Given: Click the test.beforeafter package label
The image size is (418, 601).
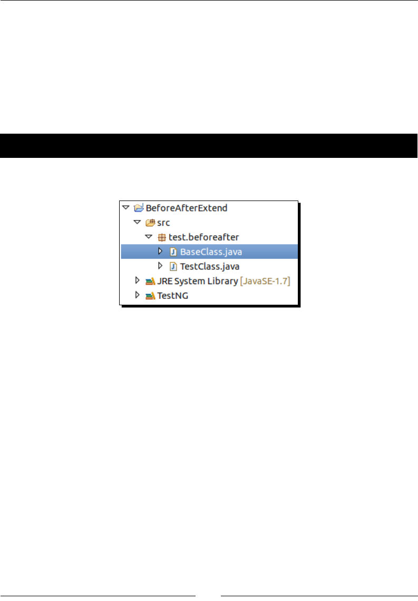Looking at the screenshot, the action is coord(203,237).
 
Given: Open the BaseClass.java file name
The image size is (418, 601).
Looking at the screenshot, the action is coord(211,252).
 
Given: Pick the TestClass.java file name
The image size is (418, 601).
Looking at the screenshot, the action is coord(210,266).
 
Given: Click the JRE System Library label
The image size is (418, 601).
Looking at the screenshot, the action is coord(197,281).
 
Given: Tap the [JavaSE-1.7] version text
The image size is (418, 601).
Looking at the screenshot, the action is coord(265,281).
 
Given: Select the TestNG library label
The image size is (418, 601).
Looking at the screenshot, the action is coord(173,296).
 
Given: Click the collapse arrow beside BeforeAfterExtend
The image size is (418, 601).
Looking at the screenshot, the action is coord(125,208).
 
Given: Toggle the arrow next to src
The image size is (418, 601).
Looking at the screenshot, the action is coord(138,223).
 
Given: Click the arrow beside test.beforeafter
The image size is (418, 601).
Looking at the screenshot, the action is coord(149,237).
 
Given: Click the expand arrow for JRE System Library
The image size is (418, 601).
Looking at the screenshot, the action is coord(138,281).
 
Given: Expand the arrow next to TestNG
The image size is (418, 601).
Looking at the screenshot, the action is coord(138,296).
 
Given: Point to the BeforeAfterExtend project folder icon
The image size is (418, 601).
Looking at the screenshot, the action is coord(138,208).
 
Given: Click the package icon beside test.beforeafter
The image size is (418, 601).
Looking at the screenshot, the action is coord(162,237).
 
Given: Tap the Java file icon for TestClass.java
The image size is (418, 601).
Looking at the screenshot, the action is coord(173,266).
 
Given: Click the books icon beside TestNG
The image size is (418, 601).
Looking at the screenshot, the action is coord(150,296).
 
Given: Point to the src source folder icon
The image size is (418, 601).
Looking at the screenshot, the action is coord(150,223).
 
